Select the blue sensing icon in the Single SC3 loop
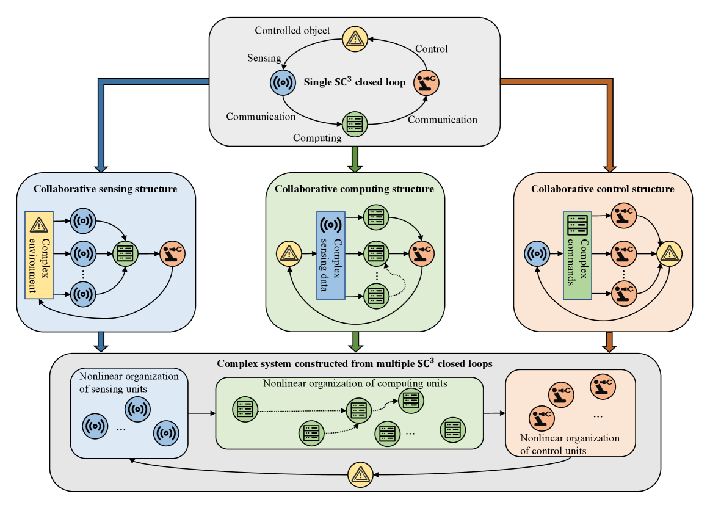283,81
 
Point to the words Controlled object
292,30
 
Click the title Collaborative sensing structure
106,189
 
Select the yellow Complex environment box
39,255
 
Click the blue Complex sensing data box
330,255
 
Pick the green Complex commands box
577,255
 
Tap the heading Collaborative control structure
603,189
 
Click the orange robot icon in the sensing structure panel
172,252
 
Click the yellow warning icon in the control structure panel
669,252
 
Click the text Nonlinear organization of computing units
355,384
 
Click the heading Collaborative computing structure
354,189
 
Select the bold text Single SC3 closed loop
355,82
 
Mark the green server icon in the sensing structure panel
126,252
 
